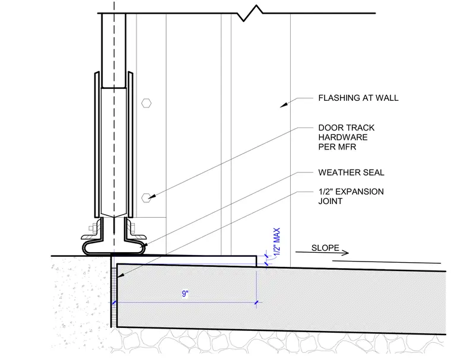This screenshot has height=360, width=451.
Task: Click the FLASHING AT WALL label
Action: pyautogui.click(x=358, y=98)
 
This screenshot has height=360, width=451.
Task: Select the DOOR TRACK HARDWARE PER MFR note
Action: pyautogui.click(x=347, y=137)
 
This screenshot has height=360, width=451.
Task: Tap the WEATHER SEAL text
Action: pyautogui.click(x=351, y=173)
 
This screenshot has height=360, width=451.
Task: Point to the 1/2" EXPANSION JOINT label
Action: pyautogui.click(x=351, y=196)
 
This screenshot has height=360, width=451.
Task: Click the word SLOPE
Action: pyautogui.click(x=325, y=248)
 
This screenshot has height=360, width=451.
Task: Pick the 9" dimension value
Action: pyautogui.click(x=185, y=294)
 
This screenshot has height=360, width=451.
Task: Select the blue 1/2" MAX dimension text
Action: pyautogui.click(x=277, y=241)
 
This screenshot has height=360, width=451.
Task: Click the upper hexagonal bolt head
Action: pyautogui.click(x=147, y=103)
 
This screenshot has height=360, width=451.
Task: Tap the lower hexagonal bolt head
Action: pyautogui.click(x=146, y=198)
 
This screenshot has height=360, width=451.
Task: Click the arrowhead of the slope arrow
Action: pyautogui.click(x=345, y=253)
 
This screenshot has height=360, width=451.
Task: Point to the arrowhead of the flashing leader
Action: pyautogui.click(x=284, y=105)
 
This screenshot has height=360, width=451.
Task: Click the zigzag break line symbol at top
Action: pyautogui.click(x=250, y=13)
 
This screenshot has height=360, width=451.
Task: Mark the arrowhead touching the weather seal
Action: pyautogui.click(x=145, y=245)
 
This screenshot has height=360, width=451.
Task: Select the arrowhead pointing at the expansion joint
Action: pyautogui.click(x=121, y=275)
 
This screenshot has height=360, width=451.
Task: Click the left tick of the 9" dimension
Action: pyautogui.click(x=114, y=302)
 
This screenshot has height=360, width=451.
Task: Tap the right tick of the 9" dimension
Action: pyautogui.click(x=256, y=302)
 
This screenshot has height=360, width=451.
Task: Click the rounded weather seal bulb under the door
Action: pyautogui.click(x=113, y=248)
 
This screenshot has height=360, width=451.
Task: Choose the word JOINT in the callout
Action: pyautogui.click(x=330, y=201)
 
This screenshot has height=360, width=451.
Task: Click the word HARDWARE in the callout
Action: pyautogui.click(x=343, y=137)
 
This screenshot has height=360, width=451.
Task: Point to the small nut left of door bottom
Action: pyautogui.click(x=92, y=228)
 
